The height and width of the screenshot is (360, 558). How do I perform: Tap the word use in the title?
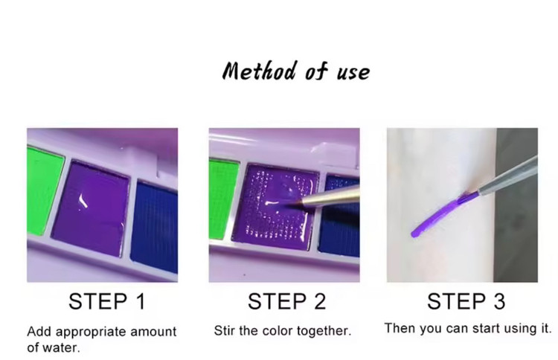[353, 73]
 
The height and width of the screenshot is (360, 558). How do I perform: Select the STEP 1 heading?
[107, 301]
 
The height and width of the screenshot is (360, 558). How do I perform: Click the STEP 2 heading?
[286, 301]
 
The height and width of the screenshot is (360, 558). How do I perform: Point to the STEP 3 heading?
[466, 301]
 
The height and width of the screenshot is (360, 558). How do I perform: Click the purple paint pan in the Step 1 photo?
[91, 208]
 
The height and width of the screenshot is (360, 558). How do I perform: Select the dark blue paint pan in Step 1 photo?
[155, 227]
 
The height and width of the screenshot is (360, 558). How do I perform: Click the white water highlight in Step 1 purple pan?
[83, 201]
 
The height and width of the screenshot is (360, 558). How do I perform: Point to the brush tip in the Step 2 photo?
[296, 203]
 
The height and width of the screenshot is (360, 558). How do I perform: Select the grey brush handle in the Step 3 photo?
[508, 177]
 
